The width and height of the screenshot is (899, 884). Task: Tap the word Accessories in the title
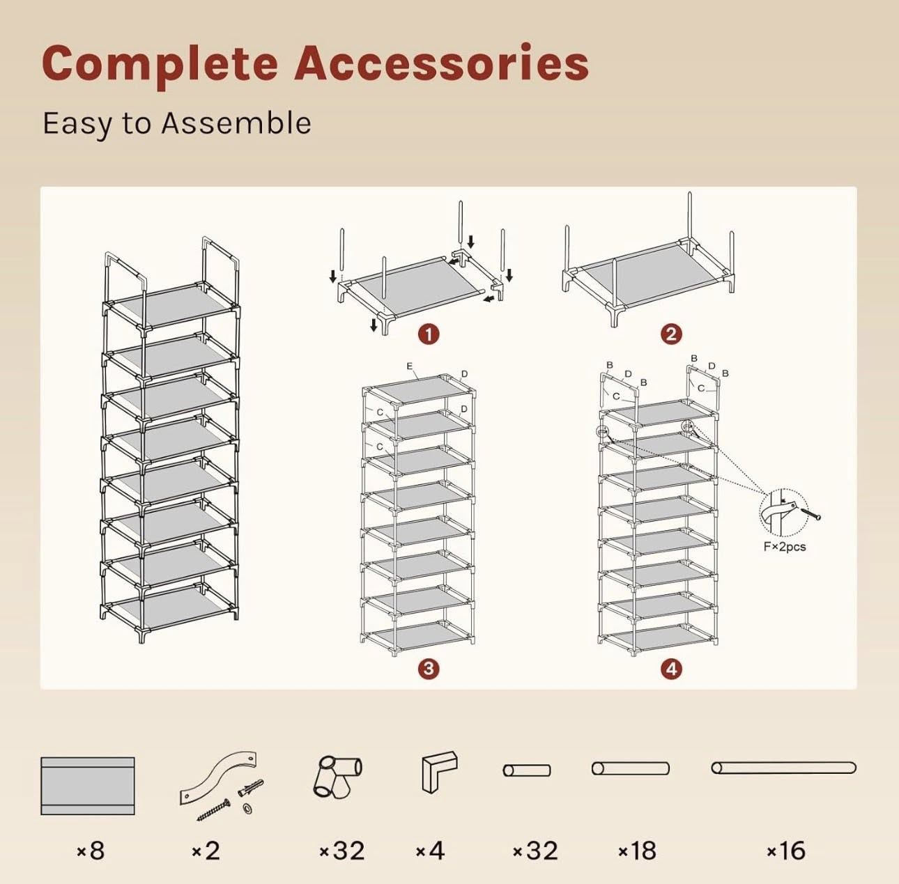pyautogui.click(x=441, y=63)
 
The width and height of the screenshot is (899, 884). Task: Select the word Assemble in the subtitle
pyautogui.click(x=236, y=123)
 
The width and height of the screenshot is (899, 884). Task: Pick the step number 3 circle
pyautogui.click(x=429, y=669)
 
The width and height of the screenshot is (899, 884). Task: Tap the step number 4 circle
pyautogui.click(x=671, y=669)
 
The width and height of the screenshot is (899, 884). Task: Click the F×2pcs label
pyautogui.click(x=785, y=547)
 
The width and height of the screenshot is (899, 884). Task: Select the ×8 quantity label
pyautogui.click(x=91, y=851)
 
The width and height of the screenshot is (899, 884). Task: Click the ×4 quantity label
pyautogui.click(x=430, y=851)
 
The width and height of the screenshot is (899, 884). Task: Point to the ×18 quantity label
pyautogui.click(x=637, y=851)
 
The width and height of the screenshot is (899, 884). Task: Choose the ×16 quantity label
pyautogui.click(x=786, y=851)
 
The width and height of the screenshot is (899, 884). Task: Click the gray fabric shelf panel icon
pyautogui.click(x=88, y=786)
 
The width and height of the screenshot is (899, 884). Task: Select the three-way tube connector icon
pyautogui.click(x=337, y=777)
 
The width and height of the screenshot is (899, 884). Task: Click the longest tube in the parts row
pyautogui.click(x=784, y=768)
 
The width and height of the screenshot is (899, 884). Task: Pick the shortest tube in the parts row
pyautogui.click(x=527, y=770)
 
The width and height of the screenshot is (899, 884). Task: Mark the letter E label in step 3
pyautogui.click(x=410, y=366)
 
